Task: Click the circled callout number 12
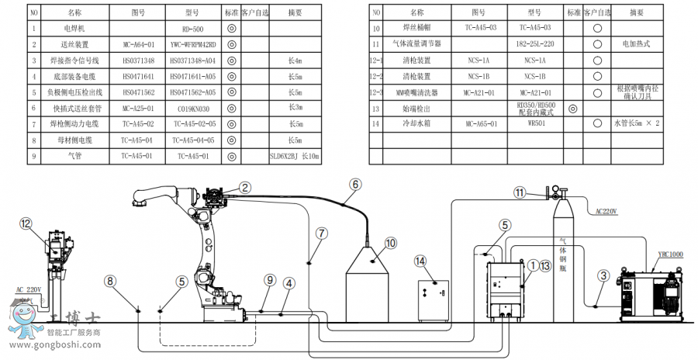coord(27,223)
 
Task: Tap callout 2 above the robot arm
coord(244,186)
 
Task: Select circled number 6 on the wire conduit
coord(355,185)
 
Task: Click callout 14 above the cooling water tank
coord(421,261)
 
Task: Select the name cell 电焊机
coord(74,28)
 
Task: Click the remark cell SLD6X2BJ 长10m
coord(295,155)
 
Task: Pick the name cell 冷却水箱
coord(416,123)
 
